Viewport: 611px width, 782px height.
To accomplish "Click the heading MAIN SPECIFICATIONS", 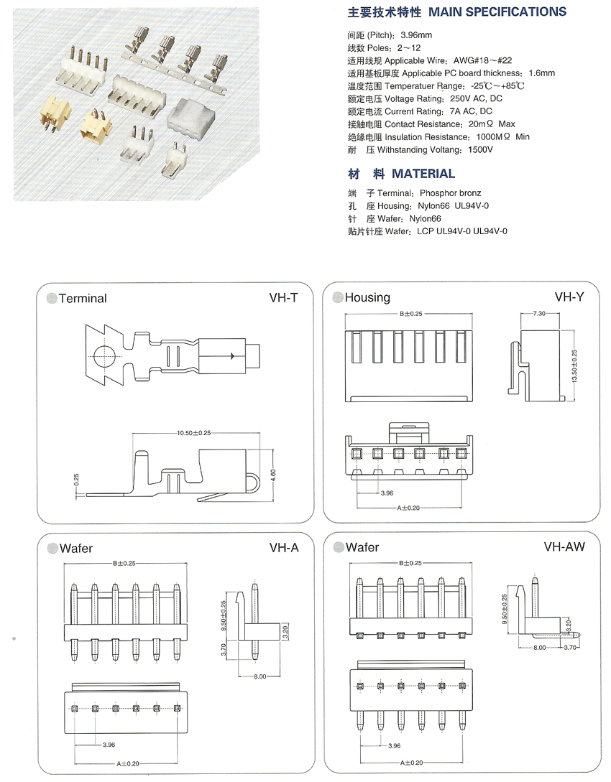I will coord(497,12).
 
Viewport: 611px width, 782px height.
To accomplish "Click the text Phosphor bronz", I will coord(450,193).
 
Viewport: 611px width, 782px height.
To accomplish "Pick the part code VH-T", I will coord(283,297).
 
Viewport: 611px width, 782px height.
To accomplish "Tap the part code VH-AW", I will coord(565,546).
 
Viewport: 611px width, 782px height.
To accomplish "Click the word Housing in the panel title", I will coord(367,297).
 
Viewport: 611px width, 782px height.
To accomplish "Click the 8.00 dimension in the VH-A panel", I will coord(259,676).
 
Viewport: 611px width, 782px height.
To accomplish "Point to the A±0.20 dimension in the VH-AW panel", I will coord(411,763).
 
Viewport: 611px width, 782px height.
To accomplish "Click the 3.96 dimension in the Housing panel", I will coord(387,493).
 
